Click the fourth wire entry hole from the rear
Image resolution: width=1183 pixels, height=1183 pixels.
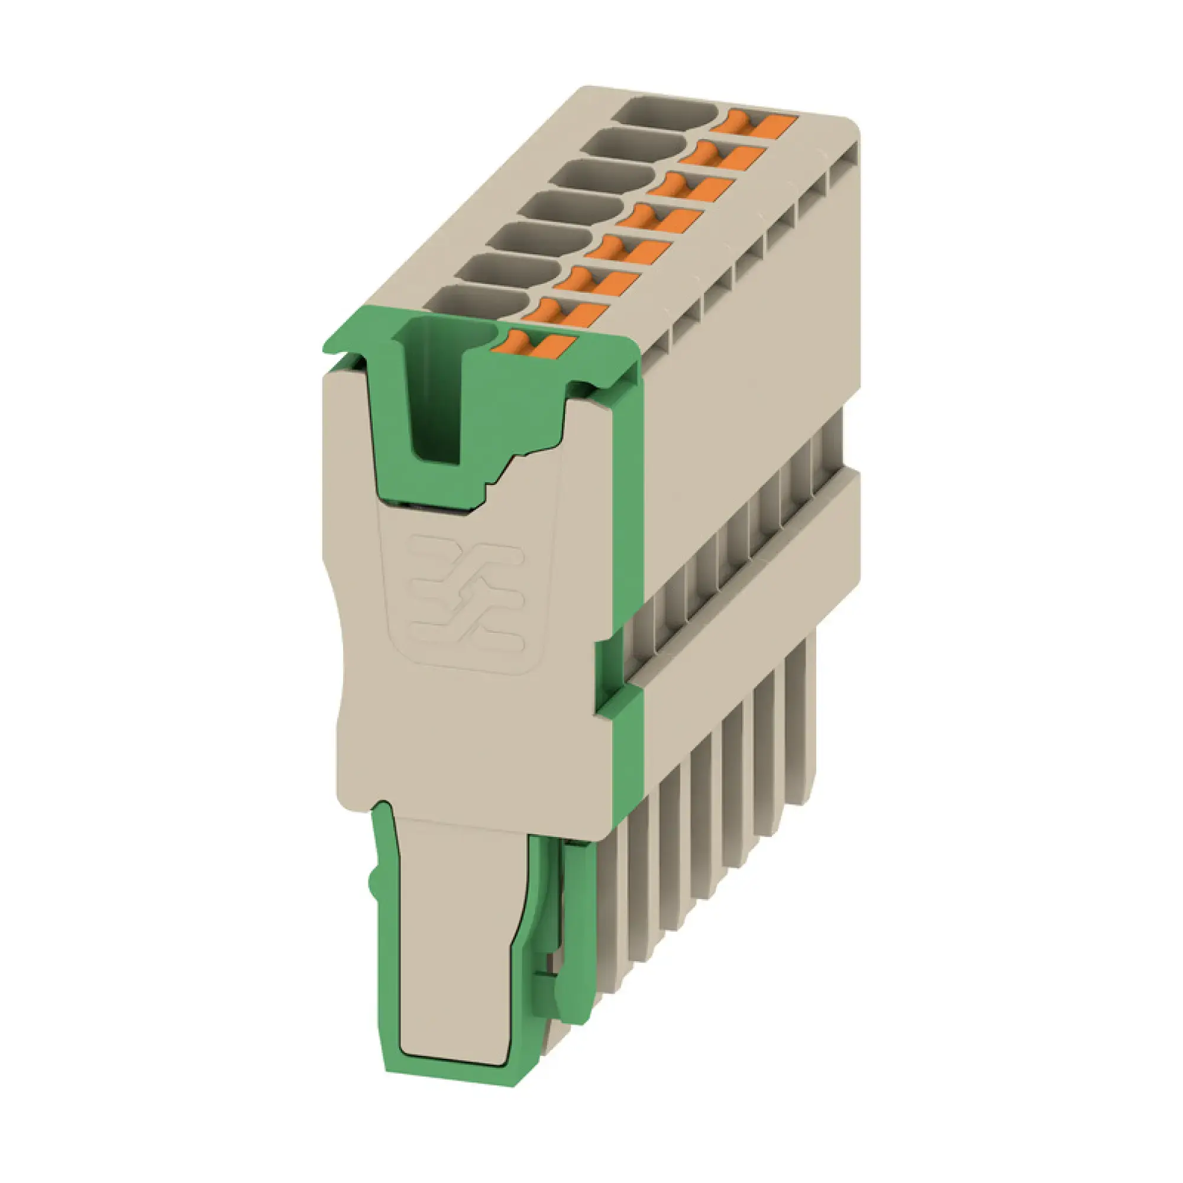pyautogui.click(x=573, y=206)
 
